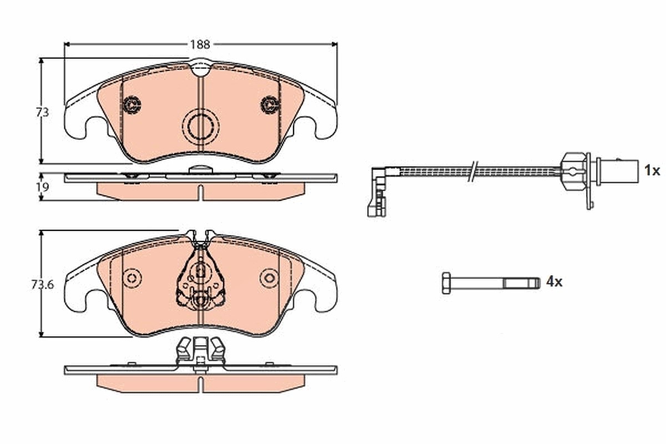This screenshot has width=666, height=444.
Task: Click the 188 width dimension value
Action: pos(200,44)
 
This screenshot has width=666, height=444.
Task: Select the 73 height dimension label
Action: pos(42,113)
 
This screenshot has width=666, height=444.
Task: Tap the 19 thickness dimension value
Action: pos(43,187)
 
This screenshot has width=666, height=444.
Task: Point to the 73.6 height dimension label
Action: pos(43,285)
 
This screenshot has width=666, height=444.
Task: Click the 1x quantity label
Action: pos(652,171)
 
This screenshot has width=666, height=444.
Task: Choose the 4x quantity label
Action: pos(554,281)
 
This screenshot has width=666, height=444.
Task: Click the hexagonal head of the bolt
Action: pos(446,283)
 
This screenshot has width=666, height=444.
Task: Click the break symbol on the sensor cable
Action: pos(473,171)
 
